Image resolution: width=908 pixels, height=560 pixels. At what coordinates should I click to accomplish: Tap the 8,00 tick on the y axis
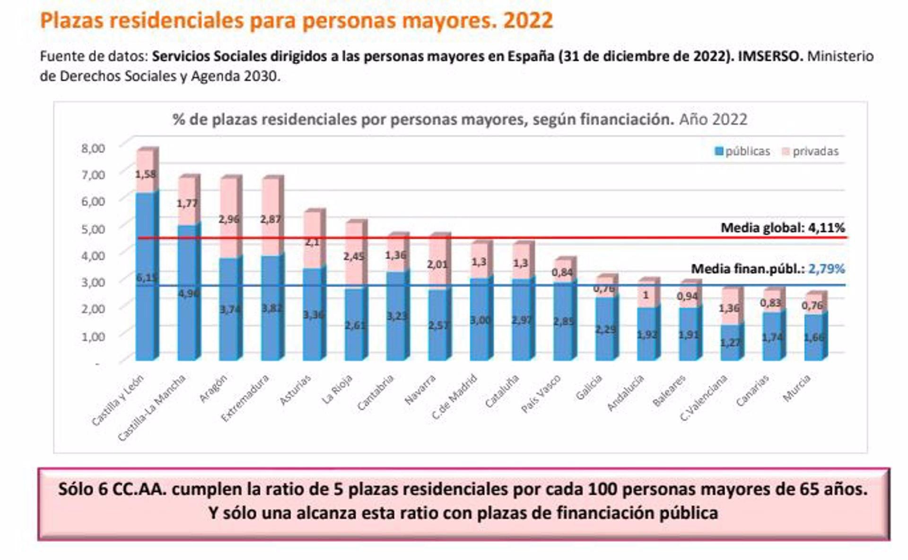[93, 148]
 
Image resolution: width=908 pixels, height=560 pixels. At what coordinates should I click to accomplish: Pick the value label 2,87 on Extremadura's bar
[271, 219]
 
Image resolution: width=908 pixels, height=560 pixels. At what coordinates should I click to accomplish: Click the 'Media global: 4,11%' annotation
[782, 228]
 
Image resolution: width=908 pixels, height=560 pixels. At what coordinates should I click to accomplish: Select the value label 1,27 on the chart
[730, 342]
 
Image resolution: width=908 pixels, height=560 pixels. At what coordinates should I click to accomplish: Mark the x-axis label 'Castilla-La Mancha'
[151, 407]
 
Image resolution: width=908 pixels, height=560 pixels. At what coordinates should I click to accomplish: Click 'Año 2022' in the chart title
[713, 120]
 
